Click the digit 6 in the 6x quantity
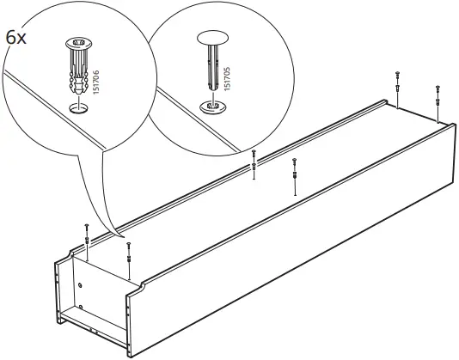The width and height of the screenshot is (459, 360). click(x=10, y=39)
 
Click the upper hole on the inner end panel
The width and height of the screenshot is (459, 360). click(x=80, y=285)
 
